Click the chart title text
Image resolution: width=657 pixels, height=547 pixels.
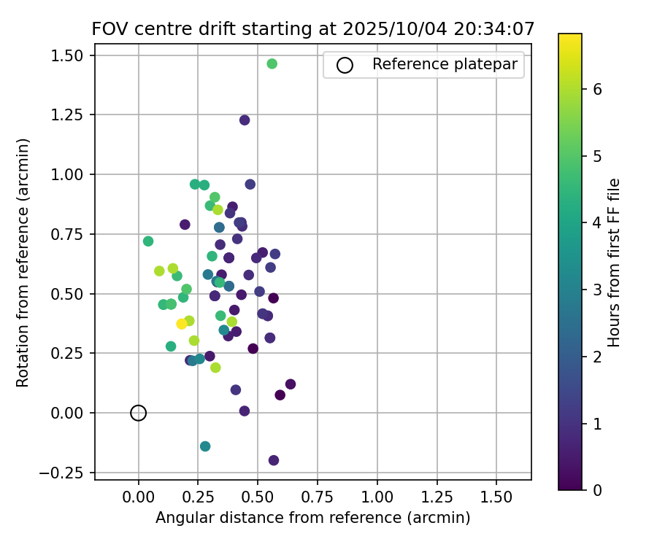(313, 29)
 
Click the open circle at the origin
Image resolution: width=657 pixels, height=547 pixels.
(139, 413)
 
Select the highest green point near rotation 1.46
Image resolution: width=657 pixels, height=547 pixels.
(272, 64)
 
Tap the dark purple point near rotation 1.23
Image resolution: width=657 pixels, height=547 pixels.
(245, 120)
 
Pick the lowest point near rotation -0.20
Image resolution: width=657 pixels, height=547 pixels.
(274, 460)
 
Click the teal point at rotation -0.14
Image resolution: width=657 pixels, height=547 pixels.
(205, 446)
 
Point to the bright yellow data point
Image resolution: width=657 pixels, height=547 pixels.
(182, 324)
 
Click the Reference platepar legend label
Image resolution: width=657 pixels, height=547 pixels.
(445, 64)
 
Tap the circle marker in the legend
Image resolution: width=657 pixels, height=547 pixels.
(345, 65)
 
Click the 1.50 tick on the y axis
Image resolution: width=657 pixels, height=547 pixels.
(69, 55)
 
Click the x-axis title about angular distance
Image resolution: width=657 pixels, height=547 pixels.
(312, 518)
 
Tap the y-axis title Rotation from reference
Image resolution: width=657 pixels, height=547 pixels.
(23, 263)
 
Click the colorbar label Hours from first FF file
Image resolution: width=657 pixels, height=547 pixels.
(614, 263)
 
